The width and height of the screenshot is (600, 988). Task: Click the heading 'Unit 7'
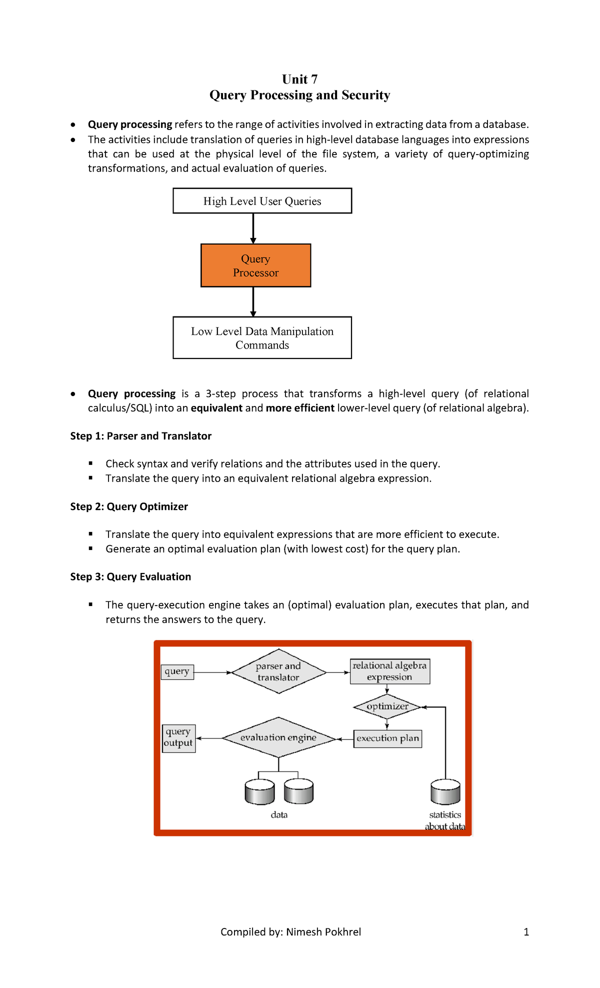299,79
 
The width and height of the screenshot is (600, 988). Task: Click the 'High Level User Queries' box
262,201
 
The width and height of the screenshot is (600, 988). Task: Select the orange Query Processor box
256,265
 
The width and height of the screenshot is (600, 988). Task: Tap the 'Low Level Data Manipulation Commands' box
262,337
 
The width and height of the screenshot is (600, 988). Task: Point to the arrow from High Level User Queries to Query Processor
253,228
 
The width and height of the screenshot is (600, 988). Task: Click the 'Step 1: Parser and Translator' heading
141,436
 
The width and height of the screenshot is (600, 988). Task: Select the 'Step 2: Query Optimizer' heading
129,506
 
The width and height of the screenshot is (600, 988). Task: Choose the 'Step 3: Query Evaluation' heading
130,576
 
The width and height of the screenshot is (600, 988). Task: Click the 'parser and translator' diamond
279,671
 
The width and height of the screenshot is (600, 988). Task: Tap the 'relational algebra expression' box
390,671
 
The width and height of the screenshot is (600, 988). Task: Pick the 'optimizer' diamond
387,706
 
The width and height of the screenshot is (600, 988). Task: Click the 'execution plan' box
388,738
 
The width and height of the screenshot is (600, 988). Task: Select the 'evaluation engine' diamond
278,737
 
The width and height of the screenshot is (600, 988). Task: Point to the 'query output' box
178,738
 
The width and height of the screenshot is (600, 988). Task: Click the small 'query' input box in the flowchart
177,671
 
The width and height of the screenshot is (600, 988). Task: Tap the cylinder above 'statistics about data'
445,791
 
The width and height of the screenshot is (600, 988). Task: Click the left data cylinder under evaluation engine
260,791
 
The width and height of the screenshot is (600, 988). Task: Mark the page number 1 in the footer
526,932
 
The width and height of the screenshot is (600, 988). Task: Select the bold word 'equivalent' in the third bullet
216,408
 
